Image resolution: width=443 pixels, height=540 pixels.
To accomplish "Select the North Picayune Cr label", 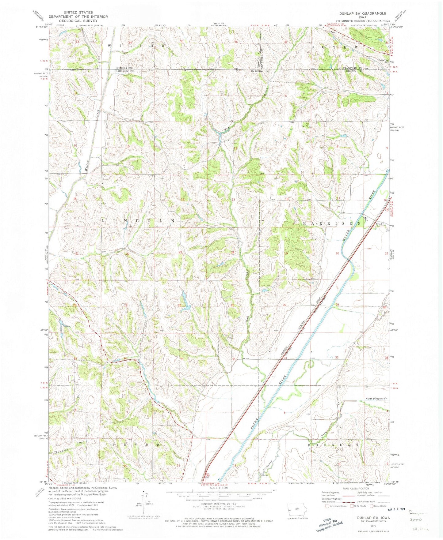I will (x=377, y=399).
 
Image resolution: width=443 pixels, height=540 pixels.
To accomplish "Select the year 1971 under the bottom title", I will (x=365, y=525).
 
